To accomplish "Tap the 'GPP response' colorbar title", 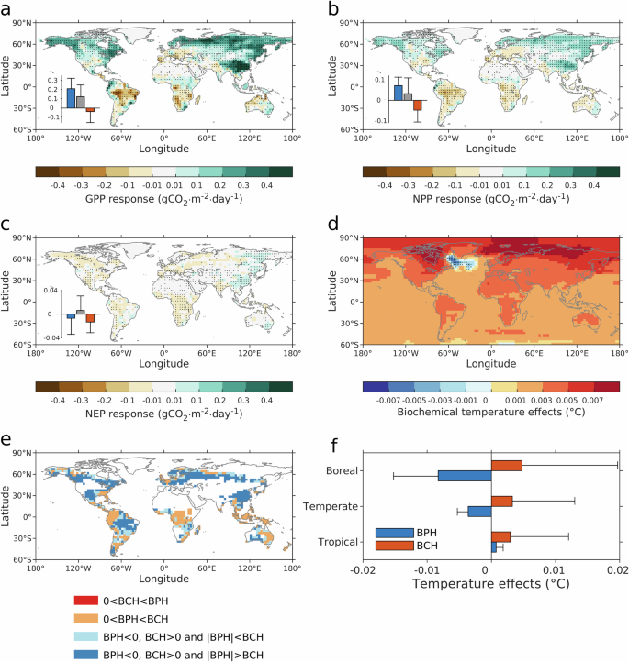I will pyautogui.click(x=163, y=199).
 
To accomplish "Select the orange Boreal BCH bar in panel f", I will pyautogui.click(x=506, y=466).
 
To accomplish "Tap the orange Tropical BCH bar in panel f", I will pyautogui.click(x=500, y=536).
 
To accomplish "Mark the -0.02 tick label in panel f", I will pyautogui.click(x=363, y=572).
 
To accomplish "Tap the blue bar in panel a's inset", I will pyautogui.click(x=71, y=98).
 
